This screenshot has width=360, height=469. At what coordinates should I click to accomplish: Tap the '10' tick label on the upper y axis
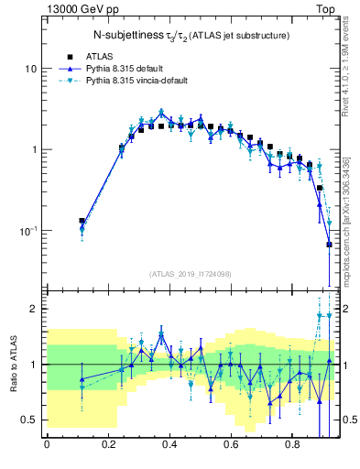[31, 69]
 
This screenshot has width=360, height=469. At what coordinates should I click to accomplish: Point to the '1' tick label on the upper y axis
[34, 149]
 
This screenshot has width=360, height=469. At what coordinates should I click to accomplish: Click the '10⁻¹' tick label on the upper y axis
[28, 230]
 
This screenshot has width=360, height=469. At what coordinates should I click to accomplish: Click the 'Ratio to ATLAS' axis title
[13, 364]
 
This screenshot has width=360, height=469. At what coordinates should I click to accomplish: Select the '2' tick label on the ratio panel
[34, 309]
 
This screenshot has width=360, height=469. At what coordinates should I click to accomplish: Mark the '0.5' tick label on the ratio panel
[29, 420]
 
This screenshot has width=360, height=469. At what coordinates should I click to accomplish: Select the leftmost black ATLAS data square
[82, 221]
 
